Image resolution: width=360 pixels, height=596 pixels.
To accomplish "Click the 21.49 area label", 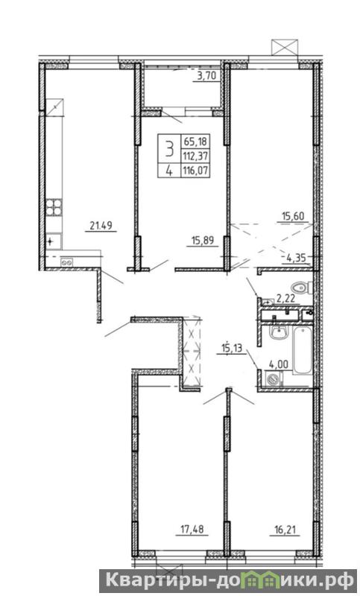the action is tap(101, 226).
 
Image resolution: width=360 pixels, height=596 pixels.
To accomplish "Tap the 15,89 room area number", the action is tap(203, 240).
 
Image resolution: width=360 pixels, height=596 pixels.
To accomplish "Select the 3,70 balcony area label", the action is tap(206, 76).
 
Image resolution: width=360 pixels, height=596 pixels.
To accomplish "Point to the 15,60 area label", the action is tap(292, 217).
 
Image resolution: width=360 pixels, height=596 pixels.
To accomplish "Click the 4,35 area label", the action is tap(297, 258).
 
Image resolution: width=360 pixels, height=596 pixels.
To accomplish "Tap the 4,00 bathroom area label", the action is tap(278, 365).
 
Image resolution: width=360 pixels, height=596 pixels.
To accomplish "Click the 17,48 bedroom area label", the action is tap(192, 529).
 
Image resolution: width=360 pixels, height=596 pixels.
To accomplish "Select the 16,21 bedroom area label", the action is tap(285, 529).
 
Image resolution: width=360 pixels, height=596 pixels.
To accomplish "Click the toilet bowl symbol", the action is tap(301, 288).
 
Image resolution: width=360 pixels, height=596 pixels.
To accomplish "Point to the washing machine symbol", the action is tap(274, 379).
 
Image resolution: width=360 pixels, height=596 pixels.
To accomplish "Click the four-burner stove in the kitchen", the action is tap(54, 208).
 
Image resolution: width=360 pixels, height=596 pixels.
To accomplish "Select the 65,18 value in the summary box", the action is tap(196, 142).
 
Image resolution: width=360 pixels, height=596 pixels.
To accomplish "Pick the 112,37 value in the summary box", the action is tap(197, 156).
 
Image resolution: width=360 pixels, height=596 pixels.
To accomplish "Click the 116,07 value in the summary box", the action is tap(197, 171).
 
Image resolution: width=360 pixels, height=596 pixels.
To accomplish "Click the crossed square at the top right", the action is tap(285, 47).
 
